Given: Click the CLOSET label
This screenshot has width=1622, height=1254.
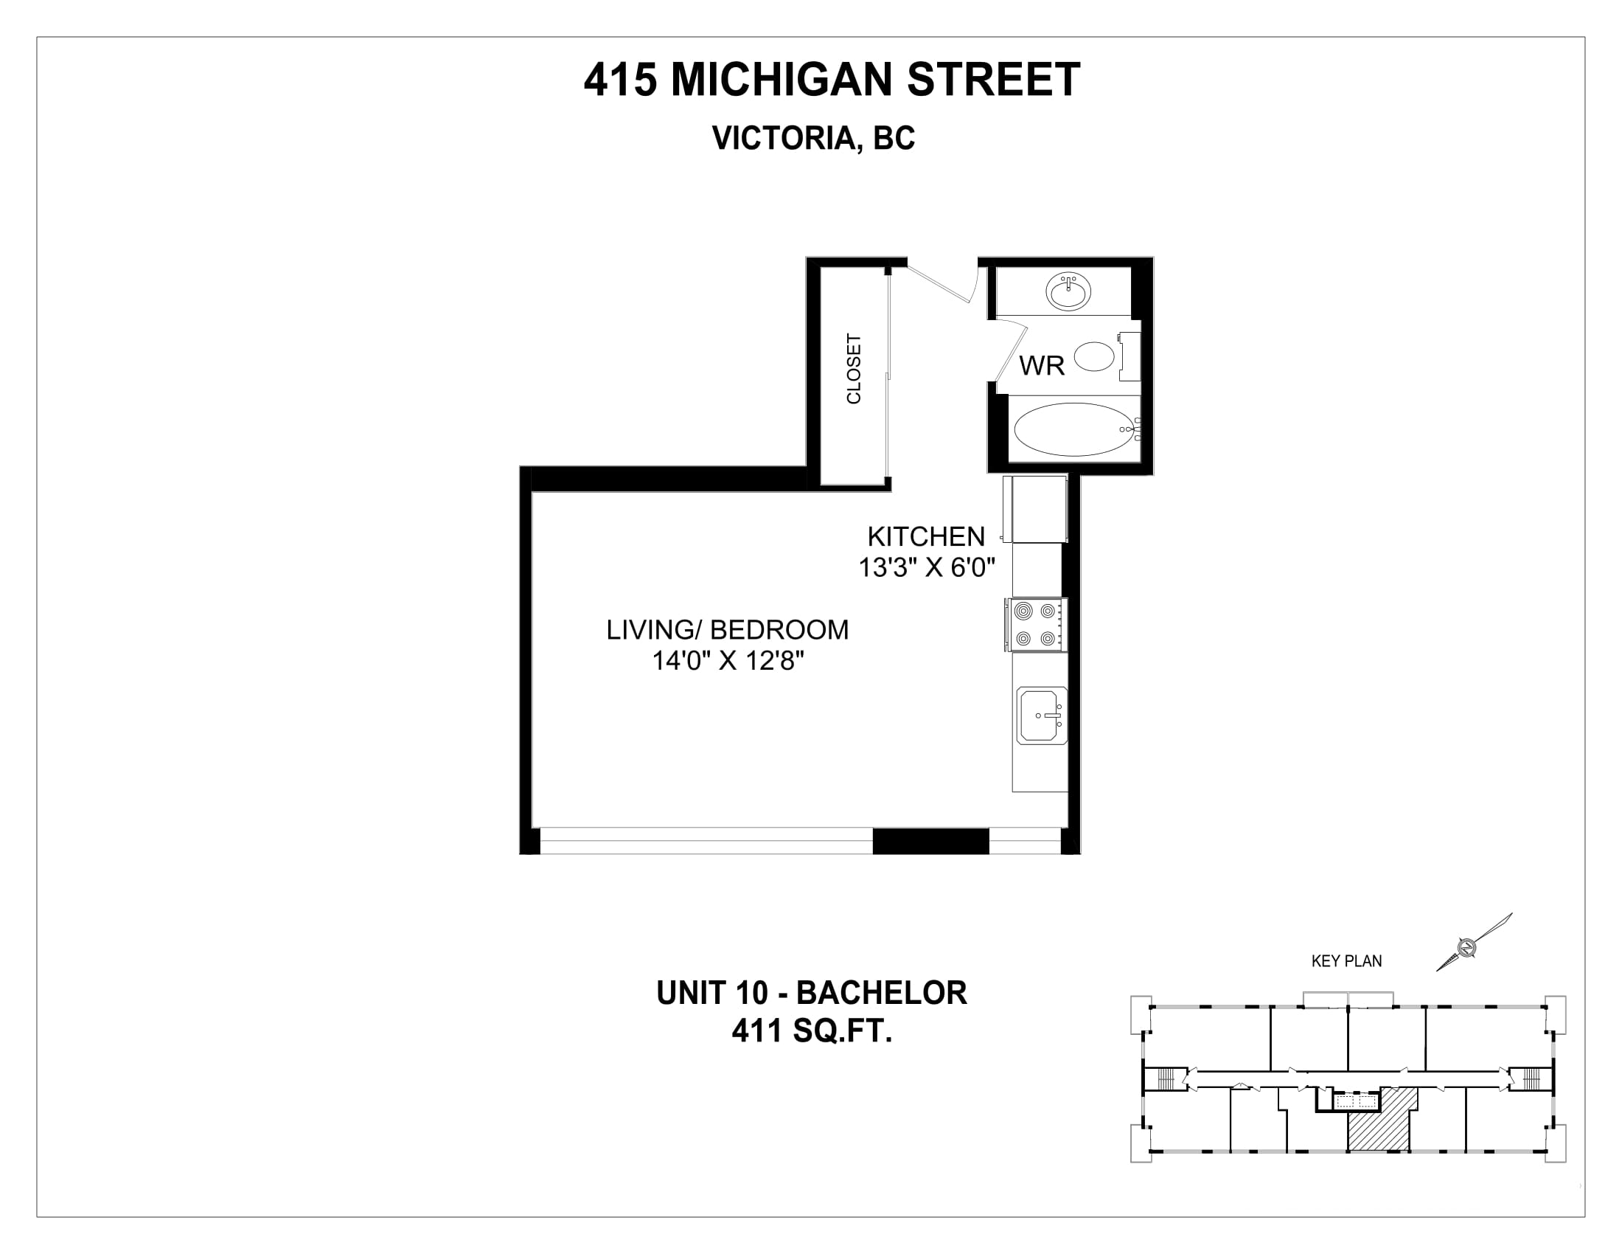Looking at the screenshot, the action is (x=854, y=369).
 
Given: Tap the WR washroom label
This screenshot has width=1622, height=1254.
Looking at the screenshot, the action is (x=1042, y=365).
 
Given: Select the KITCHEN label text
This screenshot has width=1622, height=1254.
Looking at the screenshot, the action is (x=926, y=536).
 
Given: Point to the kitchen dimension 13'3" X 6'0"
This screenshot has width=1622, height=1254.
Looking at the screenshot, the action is (x=927, y=567).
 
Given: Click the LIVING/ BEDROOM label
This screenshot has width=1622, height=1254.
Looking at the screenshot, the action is (x=727, y=630).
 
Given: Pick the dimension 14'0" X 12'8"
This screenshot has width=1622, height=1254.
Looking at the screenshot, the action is (x=728, y=660).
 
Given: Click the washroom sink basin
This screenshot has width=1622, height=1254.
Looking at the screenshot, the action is (x=1069, y=291).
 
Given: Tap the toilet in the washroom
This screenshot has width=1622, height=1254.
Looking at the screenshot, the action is (x=1107, y=356).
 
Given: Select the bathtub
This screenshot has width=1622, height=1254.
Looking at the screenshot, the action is (x=1078, y=430).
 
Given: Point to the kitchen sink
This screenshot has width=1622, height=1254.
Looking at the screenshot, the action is (x=1042, y=716).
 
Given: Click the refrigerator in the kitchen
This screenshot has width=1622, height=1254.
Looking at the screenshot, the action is (x=1035, y=509).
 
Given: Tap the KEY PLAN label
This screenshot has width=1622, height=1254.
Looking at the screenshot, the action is (x=1346, y=961).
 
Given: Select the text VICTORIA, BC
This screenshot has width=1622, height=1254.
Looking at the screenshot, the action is (x=813, y=138).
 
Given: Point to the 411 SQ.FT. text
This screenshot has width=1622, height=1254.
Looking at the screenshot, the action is (x=812, y=1031).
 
